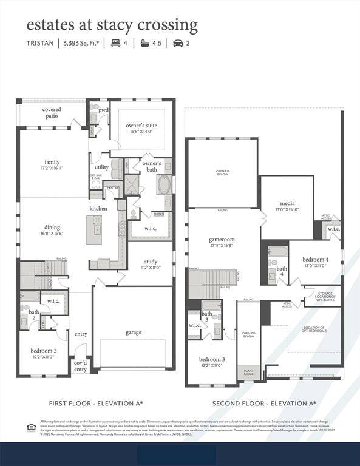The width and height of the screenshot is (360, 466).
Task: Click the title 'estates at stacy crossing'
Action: pos(112,25)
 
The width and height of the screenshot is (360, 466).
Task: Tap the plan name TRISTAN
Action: pos(40,43)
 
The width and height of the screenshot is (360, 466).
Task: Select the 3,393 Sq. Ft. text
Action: pos(82,43)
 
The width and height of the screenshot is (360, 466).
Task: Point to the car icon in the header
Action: pos(178,43)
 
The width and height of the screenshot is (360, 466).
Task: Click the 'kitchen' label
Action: pos(98,208)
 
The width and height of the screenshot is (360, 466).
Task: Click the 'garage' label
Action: pos(134,332)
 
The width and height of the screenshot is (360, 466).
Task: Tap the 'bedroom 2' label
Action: pos(43,350)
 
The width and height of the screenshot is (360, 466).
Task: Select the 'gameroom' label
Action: pos(222,240)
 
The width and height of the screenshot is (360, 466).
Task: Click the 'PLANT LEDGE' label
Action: pos(249,372)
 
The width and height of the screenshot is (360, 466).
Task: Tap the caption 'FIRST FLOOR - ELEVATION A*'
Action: pos(96,403)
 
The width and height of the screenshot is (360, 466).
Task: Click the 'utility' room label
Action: pos(101,167)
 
